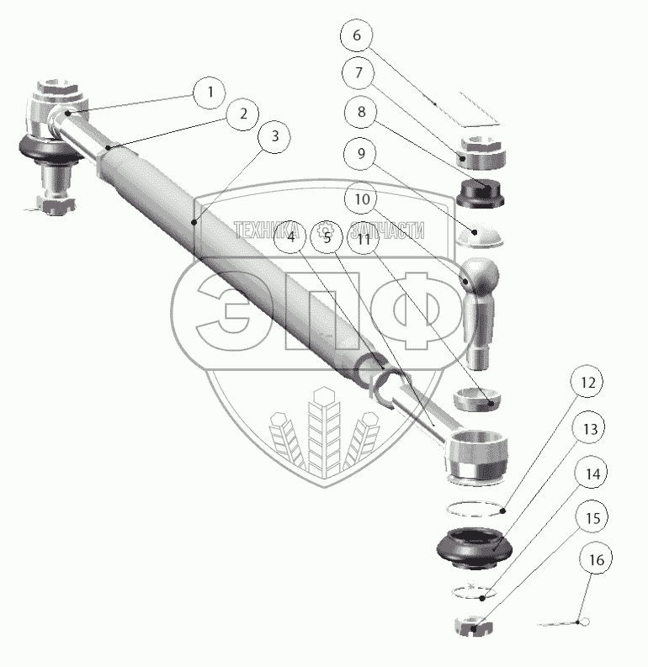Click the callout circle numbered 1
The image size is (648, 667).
[209, 92]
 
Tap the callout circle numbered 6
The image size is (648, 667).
[357, 36]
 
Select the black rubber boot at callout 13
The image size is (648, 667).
[474, 546]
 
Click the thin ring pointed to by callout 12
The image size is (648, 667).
[474, 508]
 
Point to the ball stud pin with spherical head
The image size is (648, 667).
[479, 311]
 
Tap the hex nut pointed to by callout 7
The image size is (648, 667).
[481, 151]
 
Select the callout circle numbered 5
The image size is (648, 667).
[327, 238]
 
